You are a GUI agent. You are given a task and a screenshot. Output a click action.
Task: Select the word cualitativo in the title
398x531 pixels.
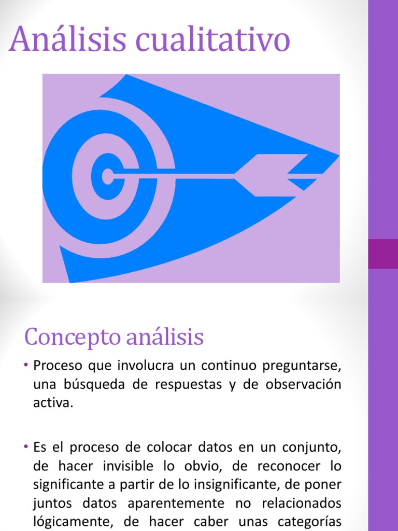212,38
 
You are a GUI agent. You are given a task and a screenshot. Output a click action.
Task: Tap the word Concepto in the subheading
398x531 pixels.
73,337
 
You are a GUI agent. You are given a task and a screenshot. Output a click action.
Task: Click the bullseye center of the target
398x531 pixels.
108,176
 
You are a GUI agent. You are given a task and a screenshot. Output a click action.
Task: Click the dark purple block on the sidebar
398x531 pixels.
383,254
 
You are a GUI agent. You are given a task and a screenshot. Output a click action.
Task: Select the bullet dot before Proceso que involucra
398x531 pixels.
26,366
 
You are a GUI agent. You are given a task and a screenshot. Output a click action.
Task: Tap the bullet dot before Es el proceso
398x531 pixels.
26,447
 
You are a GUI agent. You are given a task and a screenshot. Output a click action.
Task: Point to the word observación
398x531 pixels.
303,384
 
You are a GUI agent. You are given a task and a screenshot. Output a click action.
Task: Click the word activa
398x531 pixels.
53,403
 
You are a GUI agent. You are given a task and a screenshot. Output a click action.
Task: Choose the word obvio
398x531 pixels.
203,466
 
